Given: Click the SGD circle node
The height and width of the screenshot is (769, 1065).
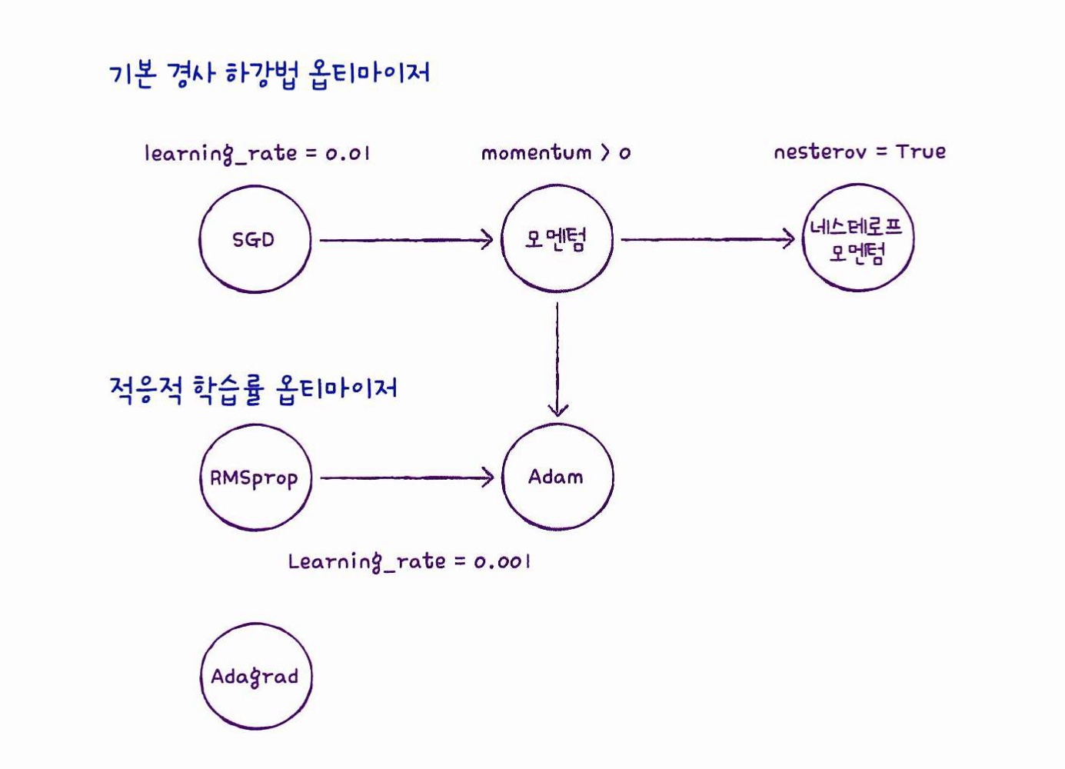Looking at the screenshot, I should coord(255,239).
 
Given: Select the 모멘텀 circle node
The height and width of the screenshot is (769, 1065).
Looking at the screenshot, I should coord(557,239).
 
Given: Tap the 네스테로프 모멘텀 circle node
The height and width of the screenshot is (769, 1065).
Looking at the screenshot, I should coord(858,238).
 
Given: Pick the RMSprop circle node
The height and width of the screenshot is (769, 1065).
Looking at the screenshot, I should coord(255,478).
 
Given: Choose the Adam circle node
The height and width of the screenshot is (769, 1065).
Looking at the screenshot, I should coord(557,477).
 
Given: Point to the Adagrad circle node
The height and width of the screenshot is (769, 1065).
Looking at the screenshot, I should coord(256,677).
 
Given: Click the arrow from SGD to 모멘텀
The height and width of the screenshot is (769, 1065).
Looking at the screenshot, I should coord(406,240).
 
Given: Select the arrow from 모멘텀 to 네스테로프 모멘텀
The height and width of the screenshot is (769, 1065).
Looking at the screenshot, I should coord(707,239).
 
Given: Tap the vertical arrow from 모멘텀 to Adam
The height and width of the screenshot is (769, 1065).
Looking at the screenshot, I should coord(557,358).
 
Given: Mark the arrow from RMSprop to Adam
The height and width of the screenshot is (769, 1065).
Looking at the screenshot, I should coord(406,478).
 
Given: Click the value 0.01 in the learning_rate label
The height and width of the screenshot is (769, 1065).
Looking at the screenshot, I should coord(348,153).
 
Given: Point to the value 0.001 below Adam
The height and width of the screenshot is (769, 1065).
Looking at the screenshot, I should coord(502,562).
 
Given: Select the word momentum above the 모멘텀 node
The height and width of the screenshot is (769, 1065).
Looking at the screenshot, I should coord(536,152).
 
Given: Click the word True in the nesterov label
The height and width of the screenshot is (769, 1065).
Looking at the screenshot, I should coord(920,151).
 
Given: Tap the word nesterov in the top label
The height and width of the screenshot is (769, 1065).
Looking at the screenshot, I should coord(820,151).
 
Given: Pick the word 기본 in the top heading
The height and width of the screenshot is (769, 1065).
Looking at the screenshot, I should coord(133,74).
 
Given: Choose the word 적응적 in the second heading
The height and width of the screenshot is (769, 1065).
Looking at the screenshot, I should coord(146,389).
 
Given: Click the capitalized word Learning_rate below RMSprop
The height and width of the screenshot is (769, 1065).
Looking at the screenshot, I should coord(367,561).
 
